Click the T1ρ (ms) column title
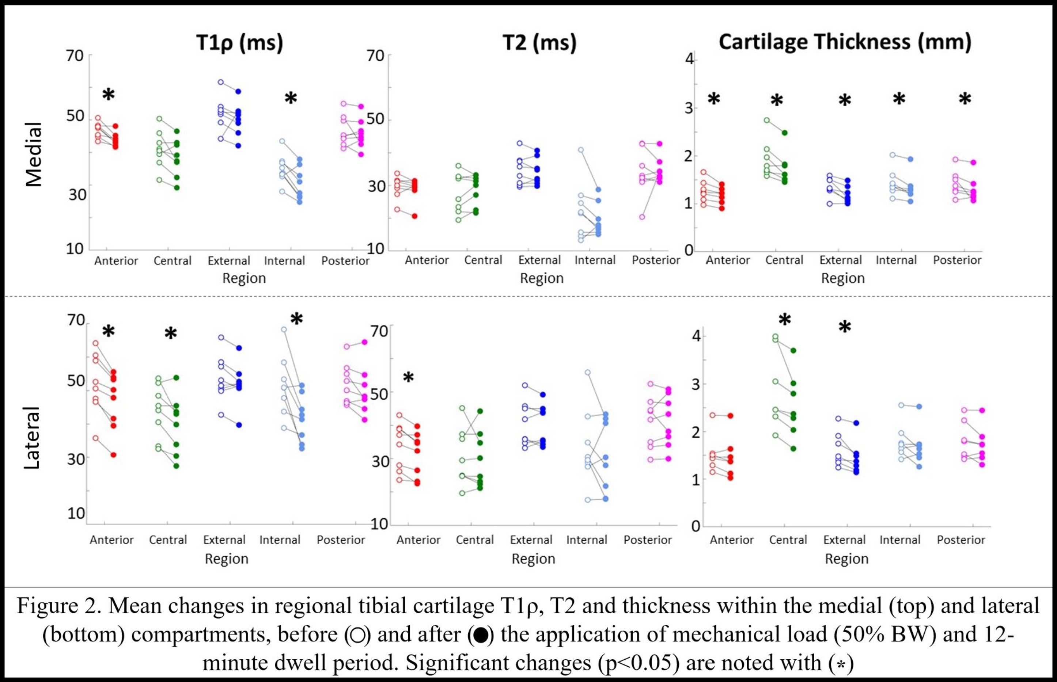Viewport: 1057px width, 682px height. (239, 43)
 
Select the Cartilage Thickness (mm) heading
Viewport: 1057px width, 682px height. (845, 42)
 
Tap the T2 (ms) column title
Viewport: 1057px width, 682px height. (539, 43)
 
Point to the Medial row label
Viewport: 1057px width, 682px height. (34, 154)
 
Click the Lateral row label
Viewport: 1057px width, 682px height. (32, 438)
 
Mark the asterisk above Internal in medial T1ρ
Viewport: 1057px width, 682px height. (291, 98)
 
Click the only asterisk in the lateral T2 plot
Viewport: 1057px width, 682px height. (408, 378)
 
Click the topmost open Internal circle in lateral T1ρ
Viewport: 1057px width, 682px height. (284, 329)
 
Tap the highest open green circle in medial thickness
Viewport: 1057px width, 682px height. (767, 120)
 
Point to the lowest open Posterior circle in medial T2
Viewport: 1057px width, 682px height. (642, 217)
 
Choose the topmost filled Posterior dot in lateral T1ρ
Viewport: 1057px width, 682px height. (365, 342)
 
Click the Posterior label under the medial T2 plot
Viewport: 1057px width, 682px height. (656, 260)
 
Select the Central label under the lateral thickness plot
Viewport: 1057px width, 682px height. (788, 540)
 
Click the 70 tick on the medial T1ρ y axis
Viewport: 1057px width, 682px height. (75, 56)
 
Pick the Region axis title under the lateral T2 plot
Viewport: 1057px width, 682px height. (533, 559)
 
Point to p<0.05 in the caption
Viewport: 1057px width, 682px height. (640, 663)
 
